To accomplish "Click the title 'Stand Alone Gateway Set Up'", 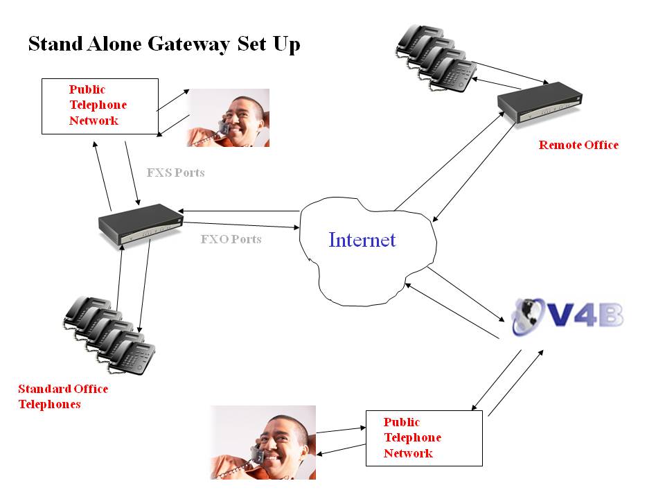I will pos(164,45).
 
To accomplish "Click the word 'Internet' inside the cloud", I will pos(362,240).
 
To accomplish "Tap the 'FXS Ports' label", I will pos(176,173).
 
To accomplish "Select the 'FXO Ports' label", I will pos(231,240).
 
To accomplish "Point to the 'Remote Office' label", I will pos(578,145).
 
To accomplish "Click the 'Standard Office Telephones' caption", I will pos(63,396).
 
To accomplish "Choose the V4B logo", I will pos(567,315).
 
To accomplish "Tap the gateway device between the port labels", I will pos(139,222).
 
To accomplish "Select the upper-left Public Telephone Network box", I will pos(100,105).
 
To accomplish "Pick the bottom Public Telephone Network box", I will pos(423,438).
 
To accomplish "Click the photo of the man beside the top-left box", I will pos(228,118).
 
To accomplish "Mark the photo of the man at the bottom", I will pos(263,442).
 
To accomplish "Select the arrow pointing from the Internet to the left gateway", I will pos(239,210).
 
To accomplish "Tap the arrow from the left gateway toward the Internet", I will pos(239,225).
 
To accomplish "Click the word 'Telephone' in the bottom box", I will pos(412,438).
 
